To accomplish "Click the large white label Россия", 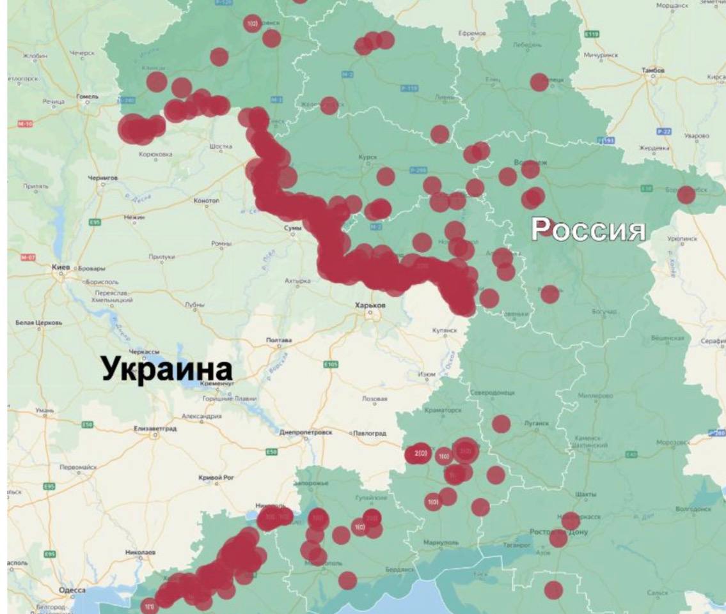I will (x=588, y=229).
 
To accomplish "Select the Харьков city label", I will (x=370, y=305).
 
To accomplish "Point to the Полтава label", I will (x=279, y=340).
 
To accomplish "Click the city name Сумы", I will (x=292, y=227).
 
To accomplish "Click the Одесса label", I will (x=71, y=590).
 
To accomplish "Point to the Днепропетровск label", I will (x=306, y=433).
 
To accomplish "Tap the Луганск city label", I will (x=539, y=423).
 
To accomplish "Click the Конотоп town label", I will (x=206, y=200).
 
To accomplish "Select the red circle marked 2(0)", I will (x=420, y=454).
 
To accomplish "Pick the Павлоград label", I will (x=370, y=433).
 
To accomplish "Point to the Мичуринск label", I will (x=601, y=55).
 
